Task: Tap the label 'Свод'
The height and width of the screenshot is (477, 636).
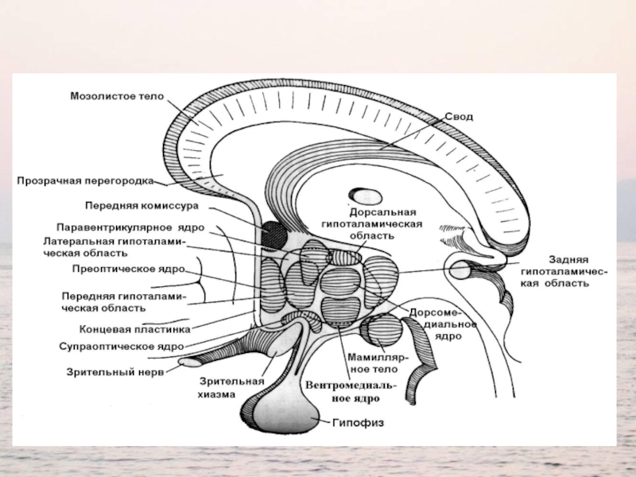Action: (458, 117)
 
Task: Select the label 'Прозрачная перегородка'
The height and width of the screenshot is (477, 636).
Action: (86, 180)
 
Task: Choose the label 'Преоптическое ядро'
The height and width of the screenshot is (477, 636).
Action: (122, 269)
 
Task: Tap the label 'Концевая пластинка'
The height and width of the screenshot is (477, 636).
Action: (134, 328)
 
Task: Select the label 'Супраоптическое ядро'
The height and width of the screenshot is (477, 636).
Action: (122, 347)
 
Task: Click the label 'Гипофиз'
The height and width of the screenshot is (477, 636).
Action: (357, 423)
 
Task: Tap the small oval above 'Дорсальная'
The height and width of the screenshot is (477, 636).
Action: (367, 196)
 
